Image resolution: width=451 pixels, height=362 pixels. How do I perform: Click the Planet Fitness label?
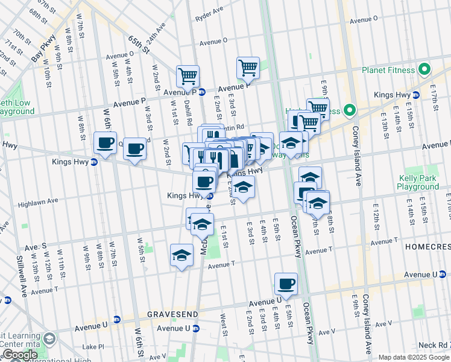[389, 70]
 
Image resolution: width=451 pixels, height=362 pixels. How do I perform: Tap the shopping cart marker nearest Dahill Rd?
[188, 76]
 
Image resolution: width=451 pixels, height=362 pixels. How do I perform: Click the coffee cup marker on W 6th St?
[105, 143]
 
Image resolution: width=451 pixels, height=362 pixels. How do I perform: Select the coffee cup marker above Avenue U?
[286, 283]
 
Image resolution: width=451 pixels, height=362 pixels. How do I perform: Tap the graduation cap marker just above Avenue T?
[181, 255]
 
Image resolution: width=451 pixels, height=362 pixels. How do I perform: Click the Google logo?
[19, 355]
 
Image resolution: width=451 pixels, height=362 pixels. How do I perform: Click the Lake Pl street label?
[93, 347]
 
